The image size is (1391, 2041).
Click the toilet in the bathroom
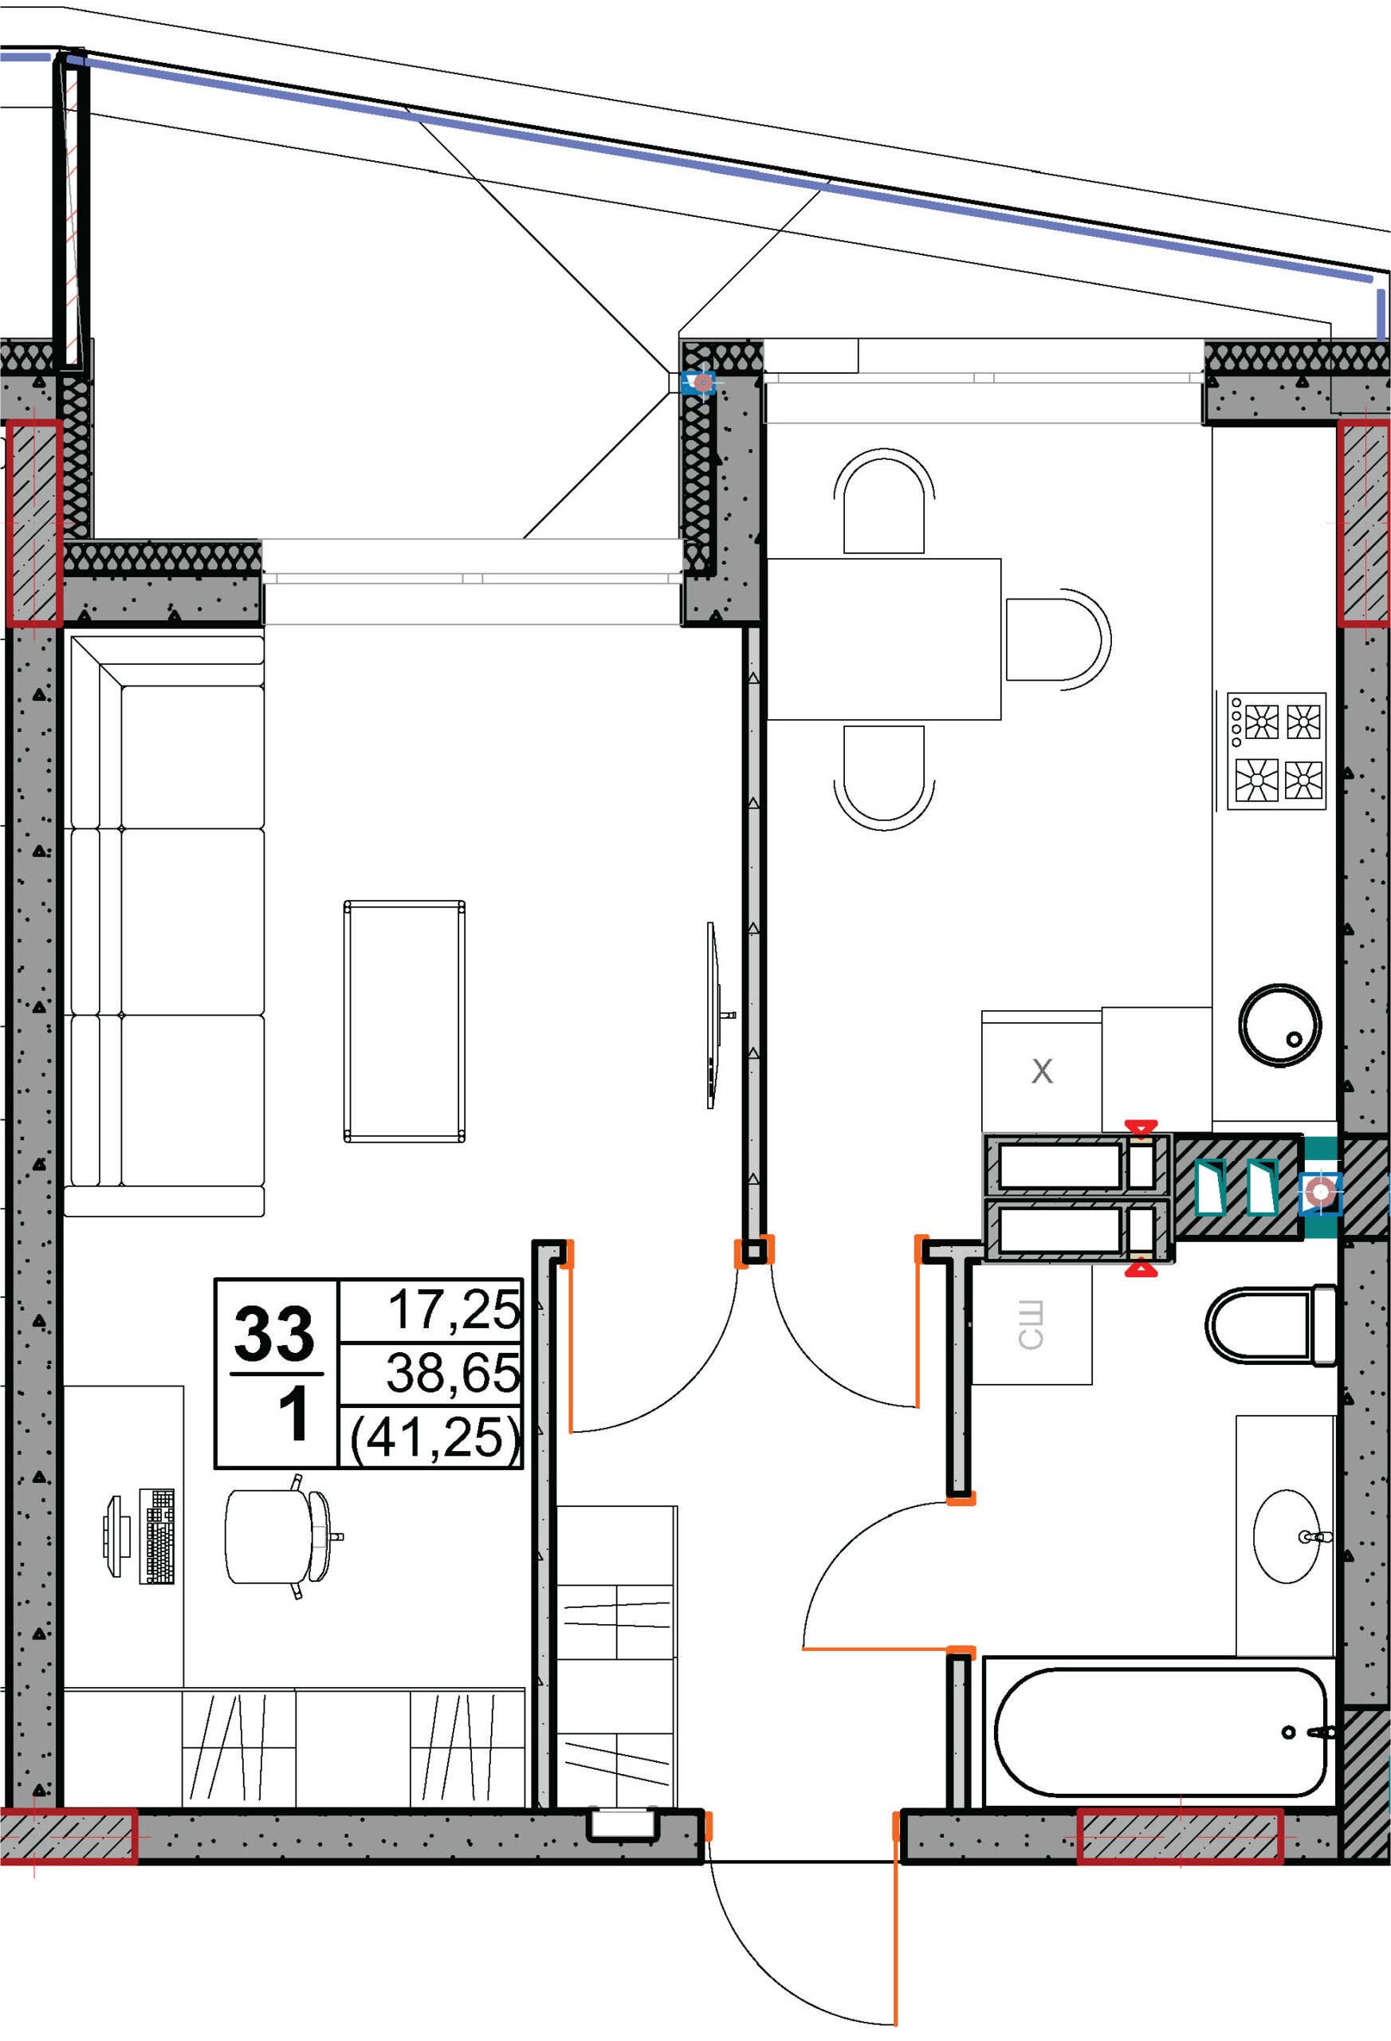[x=1271, y=1326]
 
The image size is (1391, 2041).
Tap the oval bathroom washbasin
[x=1287, y=1536]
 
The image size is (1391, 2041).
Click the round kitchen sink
[x=1279, y=1025]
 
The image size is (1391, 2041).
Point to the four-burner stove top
[x=1276, y=751]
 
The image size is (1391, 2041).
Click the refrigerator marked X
[x=1042, y=1072]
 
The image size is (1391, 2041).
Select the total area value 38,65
[x=453, y=1374]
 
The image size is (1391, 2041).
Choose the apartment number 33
[x=274, y=1333]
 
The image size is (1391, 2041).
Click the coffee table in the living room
[x=404, y=1021]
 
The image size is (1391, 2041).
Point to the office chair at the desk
[x=280, y=1536]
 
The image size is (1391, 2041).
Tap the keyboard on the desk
[x=156, y=1537]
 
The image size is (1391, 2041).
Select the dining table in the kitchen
[x=884, y=639]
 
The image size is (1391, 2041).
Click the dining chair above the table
[x=884, y=502]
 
